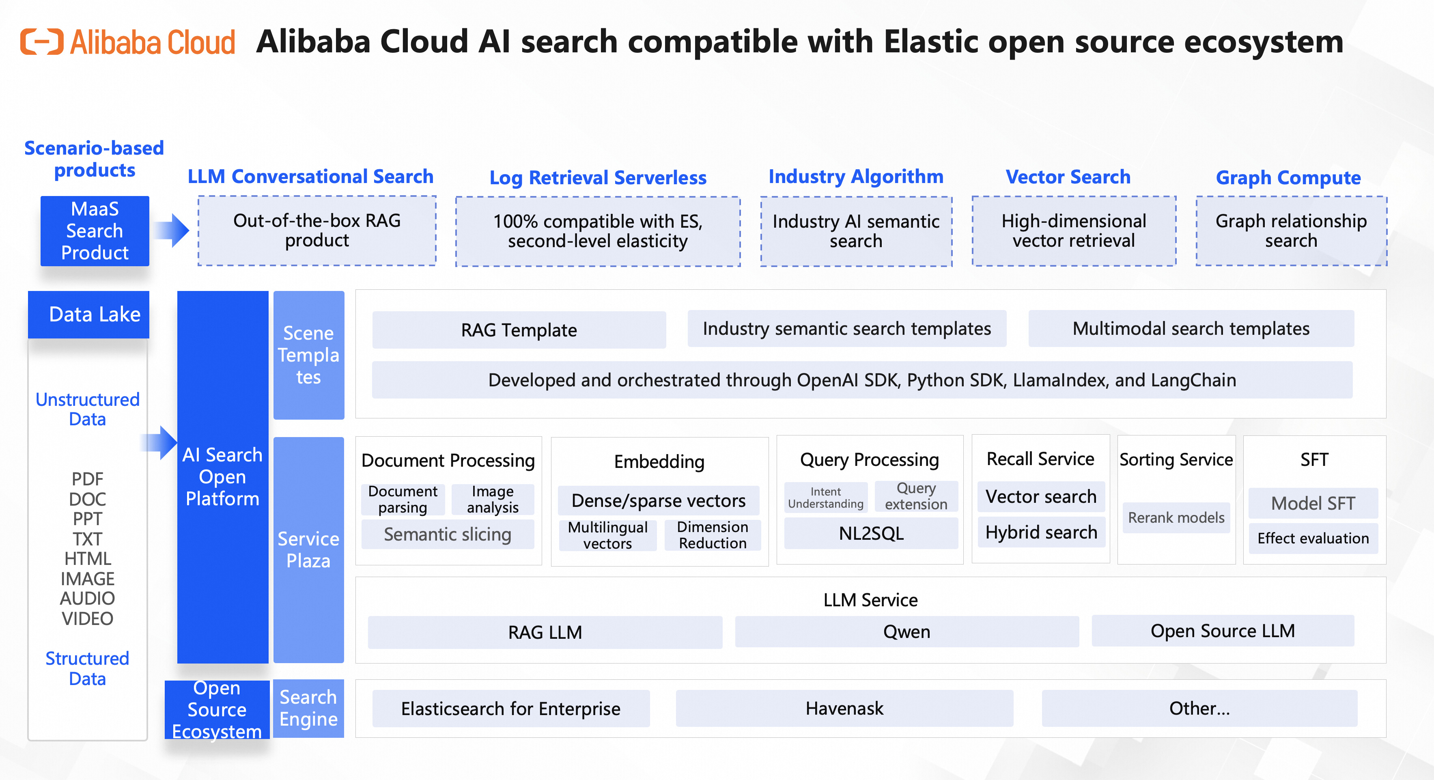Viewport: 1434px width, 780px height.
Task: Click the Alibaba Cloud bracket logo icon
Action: [42, 42]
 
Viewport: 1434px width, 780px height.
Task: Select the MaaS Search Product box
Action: [95, 231]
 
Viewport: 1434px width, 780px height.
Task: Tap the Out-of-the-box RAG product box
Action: [317, 231]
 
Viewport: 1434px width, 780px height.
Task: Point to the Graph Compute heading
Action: [1288, 178]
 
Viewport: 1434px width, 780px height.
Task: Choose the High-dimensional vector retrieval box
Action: [1074, 231]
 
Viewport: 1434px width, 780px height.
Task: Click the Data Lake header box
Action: [88, 315]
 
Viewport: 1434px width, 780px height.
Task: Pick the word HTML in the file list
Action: [87, 558]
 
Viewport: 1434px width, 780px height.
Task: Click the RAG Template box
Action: [519, 330]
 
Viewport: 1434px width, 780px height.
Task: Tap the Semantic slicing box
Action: [448, 534]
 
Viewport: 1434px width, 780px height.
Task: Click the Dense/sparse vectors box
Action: [659, 500]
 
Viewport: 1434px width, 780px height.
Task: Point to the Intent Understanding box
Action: [826, 498]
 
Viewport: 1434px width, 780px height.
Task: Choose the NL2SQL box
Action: [871, 533]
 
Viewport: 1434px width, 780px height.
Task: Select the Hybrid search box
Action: [1041, 532]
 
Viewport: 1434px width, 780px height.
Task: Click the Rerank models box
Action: [1176, 518]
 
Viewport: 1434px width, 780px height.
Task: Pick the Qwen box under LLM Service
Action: [907, 631]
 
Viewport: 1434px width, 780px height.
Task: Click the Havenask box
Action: [844, 708]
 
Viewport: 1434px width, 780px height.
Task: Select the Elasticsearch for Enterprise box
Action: [511, 709]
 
